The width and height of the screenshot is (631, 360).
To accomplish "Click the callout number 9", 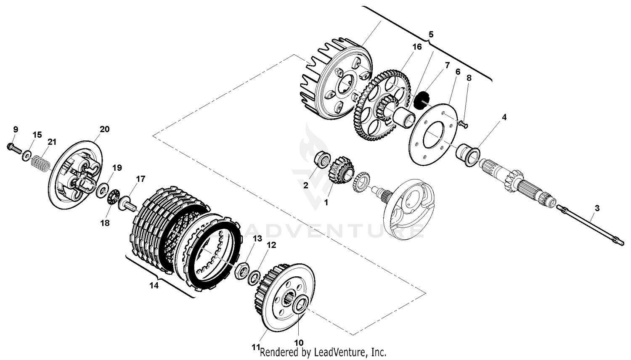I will (16, 129).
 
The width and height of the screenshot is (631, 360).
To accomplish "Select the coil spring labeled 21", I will (40, 163).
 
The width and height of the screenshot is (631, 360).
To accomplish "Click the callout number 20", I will (104, 129).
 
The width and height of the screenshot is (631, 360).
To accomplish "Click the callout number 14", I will (154, 286).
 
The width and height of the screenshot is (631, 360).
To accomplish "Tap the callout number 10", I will (299, 342).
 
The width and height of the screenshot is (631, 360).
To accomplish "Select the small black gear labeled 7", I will (421, 100).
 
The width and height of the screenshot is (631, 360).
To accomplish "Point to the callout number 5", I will (430, 34).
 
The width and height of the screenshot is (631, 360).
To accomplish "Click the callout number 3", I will (597, 208).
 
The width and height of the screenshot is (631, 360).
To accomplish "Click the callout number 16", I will (416, 47).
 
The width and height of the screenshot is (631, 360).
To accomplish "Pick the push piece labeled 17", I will (128, 205).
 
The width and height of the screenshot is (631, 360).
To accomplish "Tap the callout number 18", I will (105, 223).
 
